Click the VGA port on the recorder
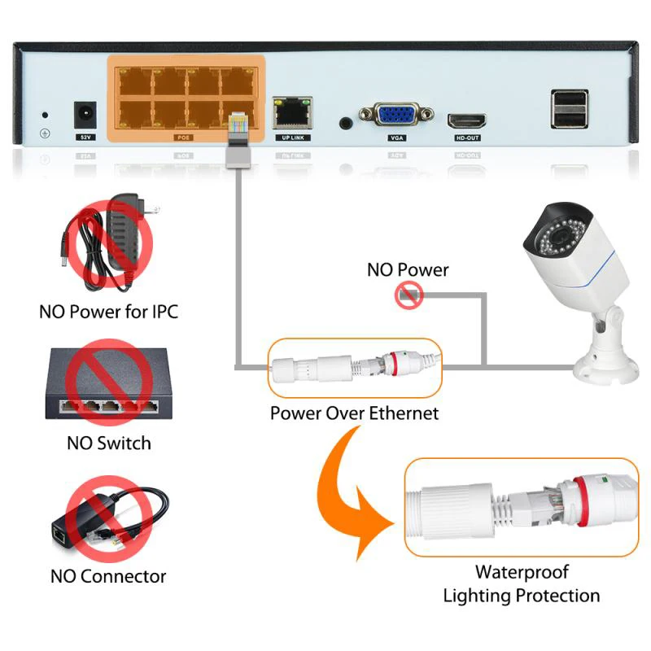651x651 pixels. (x=395, y=116)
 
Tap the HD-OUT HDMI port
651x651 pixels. (x=466, y=121)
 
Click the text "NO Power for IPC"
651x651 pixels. (x=108, y=312)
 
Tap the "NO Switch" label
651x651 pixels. (x=108, y=443)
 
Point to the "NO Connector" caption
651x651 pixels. (x=108, y=576)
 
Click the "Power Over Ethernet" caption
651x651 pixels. (x=354, y=413)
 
